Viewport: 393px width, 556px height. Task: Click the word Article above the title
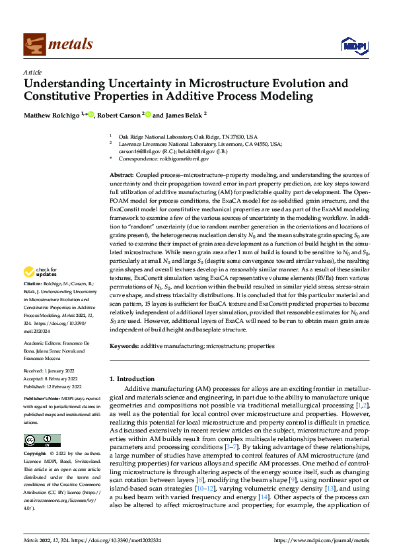(x=32, y=72)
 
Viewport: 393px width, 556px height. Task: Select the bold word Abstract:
(x=123, y=174)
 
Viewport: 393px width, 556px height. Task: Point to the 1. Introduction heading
(x=132, y=379)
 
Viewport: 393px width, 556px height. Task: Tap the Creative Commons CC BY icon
(x=42, y=440)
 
